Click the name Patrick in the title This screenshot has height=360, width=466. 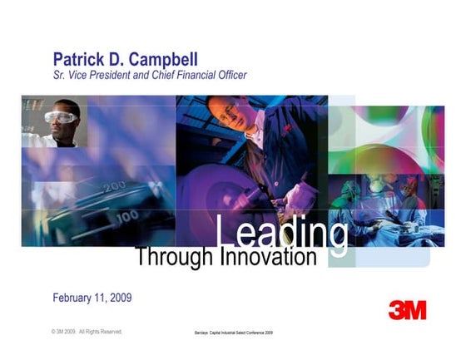coord(80,60)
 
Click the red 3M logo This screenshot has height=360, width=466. coord(407,310)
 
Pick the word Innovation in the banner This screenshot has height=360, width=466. coord(268,257)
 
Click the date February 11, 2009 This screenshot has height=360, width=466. coord(92,298)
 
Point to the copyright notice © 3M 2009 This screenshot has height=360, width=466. coord(87,332)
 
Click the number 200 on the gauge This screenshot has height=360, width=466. coord(115,188)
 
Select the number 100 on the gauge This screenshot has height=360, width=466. coord(127,217)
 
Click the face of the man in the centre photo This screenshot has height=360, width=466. coord(221,112)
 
